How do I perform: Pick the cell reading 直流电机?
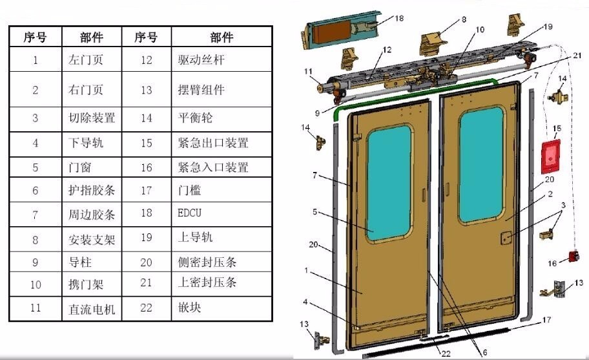click(92, 309)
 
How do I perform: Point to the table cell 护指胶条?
click(92, 190)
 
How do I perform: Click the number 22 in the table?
click(146, 308)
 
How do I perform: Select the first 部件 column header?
click(92, 37)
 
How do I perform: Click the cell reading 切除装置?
click(92, 119)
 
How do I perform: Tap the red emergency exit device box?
click(550, 157)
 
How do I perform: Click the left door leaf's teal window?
click(389, 183)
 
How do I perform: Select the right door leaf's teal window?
click(481, 164)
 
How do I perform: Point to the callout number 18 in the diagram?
click(399, 18)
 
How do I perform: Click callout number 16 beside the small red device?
click(552, 264)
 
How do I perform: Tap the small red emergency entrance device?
click(573, 257)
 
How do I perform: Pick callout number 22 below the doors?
click(446, 354)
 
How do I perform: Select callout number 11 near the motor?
click(308, 71)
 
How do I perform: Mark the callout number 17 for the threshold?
click(546, 320)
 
